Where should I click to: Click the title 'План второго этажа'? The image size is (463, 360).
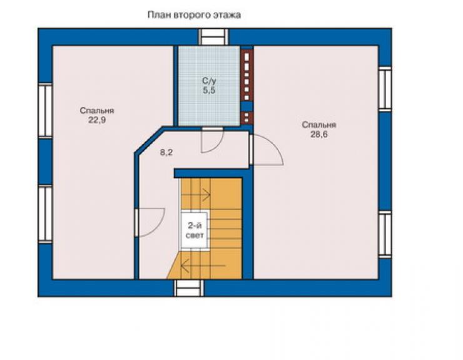click(194, 15)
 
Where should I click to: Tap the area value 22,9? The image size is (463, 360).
click(97, 120)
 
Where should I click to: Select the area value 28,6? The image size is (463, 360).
click(319, 134)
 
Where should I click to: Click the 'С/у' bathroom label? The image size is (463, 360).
click(209, 81)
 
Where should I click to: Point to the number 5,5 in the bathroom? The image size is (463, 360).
click(209, 90)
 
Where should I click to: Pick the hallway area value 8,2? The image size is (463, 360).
click(166, 153)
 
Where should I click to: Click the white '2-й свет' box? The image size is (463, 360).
click(195, 230)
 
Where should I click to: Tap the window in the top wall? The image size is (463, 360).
click(213, 37)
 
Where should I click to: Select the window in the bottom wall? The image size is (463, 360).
click(189, 288)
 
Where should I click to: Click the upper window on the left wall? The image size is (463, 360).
click(45, 111)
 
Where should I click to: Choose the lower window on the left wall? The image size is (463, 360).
click(45, 214)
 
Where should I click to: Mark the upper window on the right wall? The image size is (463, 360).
click(385, 89)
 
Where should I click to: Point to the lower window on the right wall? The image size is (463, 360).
click(385, 234)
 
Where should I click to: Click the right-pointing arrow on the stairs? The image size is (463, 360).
click(195, 195)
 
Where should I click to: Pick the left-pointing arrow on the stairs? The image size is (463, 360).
click(203, 265)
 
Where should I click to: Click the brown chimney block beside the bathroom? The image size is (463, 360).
click(247, 88)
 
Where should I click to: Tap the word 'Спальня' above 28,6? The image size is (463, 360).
click(319, 125)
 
